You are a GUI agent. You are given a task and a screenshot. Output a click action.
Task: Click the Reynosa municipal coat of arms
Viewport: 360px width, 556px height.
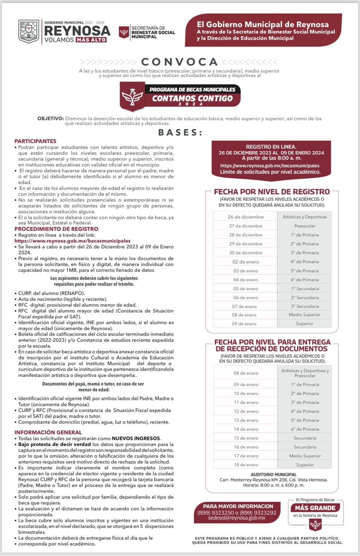(x=29, y=31)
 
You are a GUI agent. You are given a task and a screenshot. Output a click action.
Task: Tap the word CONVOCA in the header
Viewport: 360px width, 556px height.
(x=180, y=62)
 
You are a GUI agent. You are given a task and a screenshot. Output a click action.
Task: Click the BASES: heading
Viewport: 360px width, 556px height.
(x=180, y=132)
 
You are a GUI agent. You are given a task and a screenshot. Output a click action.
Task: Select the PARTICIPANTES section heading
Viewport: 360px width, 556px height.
(x=36, y=141)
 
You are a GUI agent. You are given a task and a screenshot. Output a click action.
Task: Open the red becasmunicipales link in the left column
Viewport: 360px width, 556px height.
(x=73, y=241)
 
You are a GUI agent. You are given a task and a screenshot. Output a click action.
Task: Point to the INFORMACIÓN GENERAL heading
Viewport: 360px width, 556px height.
(x=48, y=432)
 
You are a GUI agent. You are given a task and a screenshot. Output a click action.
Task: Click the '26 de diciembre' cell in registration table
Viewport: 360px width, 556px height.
(x=246, y=217)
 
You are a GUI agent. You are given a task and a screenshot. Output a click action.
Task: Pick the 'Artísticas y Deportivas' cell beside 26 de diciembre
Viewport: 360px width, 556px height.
(x=305, y=217)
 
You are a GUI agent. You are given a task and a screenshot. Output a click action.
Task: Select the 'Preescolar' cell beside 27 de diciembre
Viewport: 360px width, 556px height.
(x=305, y=226)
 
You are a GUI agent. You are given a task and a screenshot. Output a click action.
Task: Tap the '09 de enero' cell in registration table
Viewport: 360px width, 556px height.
(x=245, y=324)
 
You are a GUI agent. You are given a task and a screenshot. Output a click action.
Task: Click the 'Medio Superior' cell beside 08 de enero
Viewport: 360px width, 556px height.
(x=305, y=315)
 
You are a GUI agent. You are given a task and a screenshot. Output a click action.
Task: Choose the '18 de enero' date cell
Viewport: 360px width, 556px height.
(x=246, y=465)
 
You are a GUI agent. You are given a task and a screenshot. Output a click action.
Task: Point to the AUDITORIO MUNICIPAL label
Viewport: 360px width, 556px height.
(x=273, y=475)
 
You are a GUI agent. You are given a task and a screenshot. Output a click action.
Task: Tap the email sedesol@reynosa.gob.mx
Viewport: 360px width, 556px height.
(x=237, y=518)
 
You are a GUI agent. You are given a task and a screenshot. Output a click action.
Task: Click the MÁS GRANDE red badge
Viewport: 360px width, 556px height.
(x=315, y=508)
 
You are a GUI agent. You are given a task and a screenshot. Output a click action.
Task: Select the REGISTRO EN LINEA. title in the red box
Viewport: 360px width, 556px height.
(x=271, y=147)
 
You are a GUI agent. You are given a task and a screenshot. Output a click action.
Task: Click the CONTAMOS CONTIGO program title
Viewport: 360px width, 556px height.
(x=192, y=98)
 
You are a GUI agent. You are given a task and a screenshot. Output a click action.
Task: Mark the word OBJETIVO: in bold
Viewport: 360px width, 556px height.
(x=51, y=119)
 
